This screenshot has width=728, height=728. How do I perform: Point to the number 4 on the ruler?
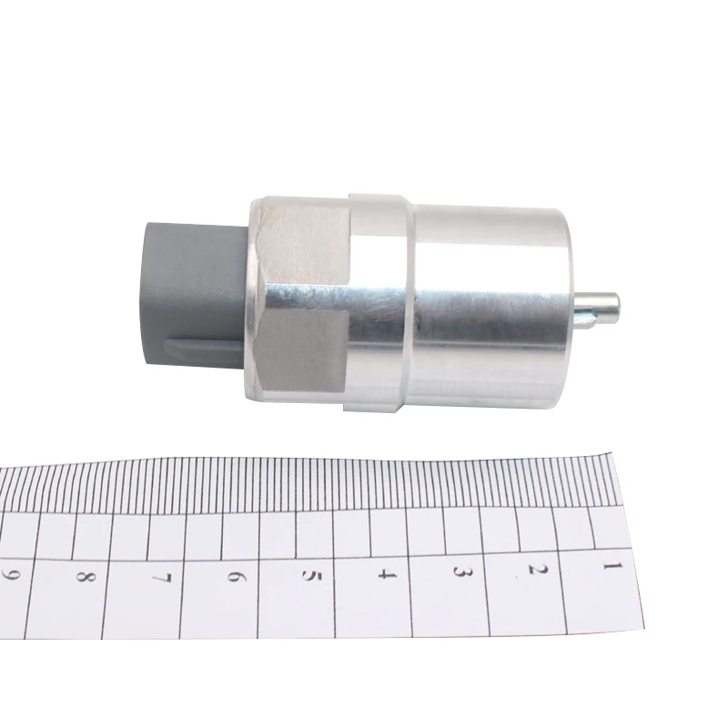coord(386,574)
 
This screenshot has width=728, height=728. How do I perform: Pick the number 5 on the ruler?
coord(310,576)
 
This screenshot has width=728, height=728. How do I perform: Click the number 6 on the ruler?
coord(236,577)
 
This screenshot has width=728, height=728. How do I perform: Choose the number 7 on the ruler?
coord(161,578)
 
